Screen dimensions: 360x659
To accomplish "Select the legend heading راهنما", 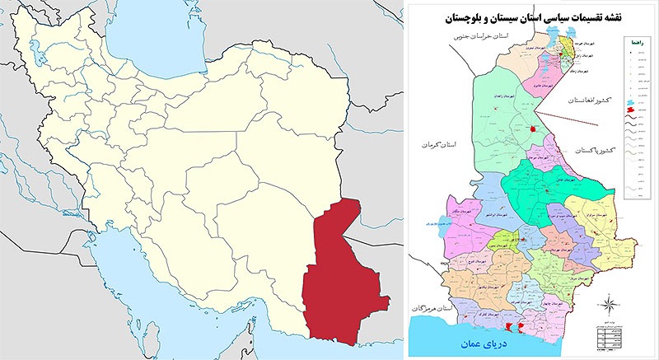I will pos(634,40).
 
